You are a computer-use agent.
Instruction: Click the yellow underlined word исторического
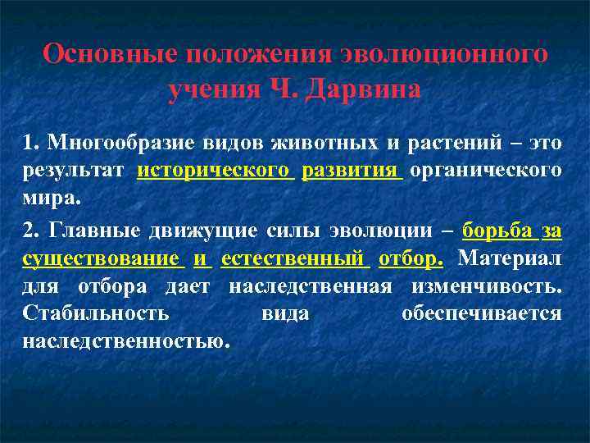pyautogui.click(x=216, y=171)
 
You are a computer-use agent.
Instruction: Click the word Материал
pyautogui.click(x=510, y=259)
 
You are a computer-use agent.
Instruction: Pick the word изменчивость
pyautogui.click(x=499, y=287)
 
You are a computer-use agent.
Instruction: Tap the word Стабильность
pyautogui.click(x=97, y=314)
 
